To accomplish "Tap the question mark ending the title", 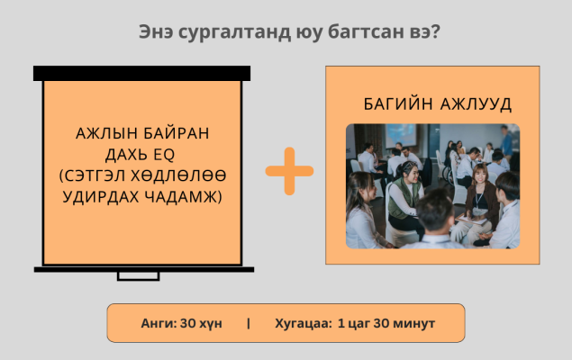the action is point(436,31).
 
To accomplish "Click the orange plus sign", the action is point(289,171).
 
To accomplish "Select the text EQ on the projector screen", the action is point(164,155).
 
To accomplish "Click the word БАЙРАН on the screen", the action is point(176,133).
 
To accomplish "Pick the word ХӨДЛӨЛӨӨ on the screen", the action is point(178,176).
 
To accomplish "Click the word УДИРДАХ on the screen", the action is point(101,197).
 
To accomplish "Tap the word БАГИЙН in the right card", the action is point(398,103).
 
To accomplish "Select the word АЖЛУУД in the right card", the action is point(476,104).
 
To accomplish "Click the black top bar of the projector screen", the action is point(142,73).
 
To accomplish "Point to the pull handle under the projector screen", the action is point(138,276).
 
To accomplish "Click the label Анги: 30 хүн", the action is point(181,323).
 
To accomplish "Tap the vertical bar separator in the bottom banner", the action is point(249,323).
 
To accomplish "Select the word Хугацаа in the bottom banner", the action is point(303,324).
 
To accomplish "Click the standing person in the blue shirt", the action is point(506,140).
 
